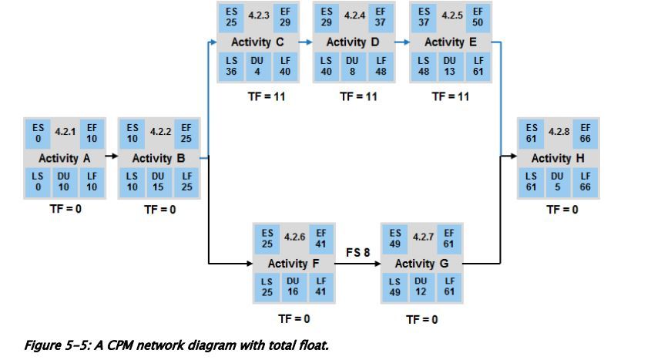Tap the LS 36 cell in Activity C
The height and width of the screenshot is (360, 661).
point(229,66)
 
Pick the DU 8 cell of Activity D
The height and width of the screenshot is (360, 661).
point(352,66)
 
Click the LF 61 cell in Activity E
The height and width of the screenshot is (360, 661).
point(478,66)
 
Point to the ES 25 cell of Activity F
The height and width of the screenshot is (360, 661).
point(267,238)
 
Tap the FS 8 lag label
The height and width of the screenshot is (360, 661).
point(358,252)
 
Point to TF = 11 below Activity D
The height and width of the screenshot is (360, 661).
point(358,96)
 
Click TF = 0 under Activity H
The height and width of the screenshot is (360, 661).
point(562,210)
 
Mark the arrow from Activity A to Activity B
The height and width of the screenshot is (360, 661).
point(110,156)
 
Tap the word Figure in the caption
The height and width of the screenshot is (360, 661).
point(42,345)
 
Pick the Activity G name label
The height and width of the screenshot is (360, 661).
point(421,264)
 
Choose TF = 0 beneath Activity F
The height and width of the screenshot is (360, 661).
point(294,318)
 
